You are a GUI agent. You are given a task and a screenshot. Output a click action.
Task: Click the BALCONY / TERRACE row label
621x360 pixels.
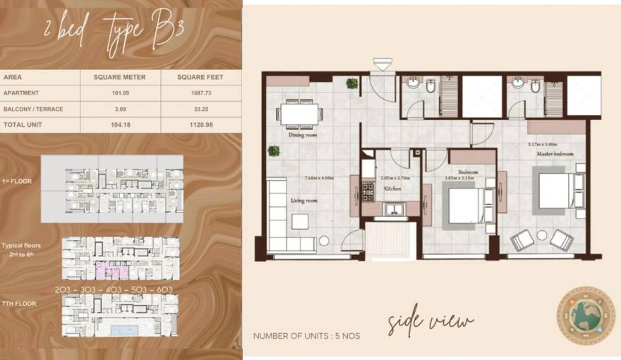[x=33, y=109]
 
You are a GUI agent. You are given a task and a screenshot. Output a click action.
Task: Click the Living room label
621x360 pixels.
[x=304, y=200]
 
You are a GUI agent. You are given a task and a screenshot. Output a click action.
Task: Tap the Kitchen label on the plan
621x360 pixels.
[x=393, y=189]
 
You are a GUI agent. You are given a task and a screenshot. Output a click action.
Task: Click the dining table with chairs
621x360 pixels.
[x=301, y=113]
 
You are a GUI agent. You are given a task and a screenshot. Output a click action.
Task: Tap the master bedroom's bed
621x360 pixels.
[x=554, y=191]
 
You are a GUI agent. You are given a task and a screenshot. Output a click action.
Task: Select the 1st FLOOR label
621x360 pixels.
[x=16, y=181]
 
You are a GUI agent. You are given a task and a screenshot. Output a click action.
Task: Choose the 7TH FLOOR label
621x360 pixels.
[x=19, y=304]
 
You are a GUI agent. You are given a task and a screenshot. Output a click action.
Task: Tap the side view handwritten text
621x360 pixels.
[x=430, y=322]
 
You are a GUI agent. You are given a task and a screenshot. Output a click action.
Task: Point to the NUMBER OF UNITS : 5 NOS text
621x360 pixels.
[x=306, y=336]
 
